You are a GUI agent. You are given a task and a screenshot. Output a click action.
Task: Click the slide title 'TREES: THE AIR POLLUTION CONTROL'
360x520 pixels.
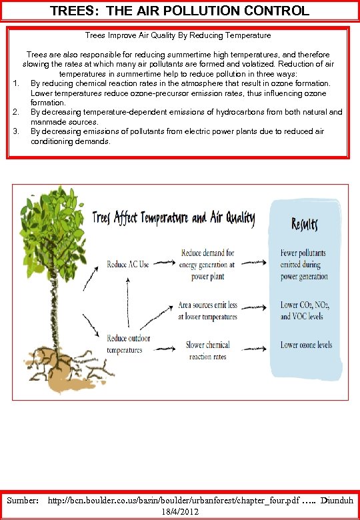(x=179, y=11)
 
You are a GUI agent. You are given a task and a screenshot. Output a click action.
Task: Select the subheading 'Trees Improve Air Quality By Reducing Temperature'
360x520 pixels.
(x=178, y=35)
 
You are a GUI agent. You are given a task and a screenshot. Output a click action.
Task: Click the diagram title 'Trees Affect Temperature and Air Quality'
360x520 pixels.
(x=173, y=218)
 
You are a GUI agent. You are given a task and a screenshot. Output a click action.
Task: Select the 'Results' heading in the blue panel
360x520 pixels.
(x=305, y=224)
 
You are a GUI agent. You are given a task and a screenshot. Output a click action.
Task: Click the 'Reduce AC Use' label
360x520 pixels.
(x=128, y=265)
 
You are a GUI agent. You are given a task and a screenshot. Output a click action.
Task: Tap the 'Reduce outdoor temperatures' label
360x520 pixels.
(x=129, y=344)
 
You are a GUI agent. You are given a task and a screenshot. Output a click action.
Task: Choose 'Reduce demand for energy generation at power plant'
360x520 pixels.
(x=207, y=265)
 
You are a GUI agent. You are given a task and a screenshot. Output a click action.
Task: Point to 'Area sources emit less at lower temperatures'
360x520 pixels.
(x=207, y=311)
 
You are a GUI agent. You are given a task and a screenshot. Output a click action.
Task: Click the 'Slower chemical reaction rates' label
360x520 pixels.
(x=208, y=351)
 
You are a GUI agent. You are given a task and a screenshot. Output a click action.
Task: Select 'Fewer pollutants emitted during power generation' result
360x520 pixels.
(x=303, y=265)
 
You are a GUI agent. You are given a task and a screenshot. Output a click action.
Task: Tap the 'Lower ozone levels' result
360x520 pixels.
(x=306, y=345)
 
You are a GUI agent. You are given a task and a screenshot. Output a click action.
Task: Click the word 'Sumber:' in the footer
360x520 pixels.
(x=23, y=499)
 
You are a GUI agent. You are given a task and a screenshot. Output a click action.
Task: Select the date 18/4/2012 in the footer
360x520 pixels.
(x=179, y=510)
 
